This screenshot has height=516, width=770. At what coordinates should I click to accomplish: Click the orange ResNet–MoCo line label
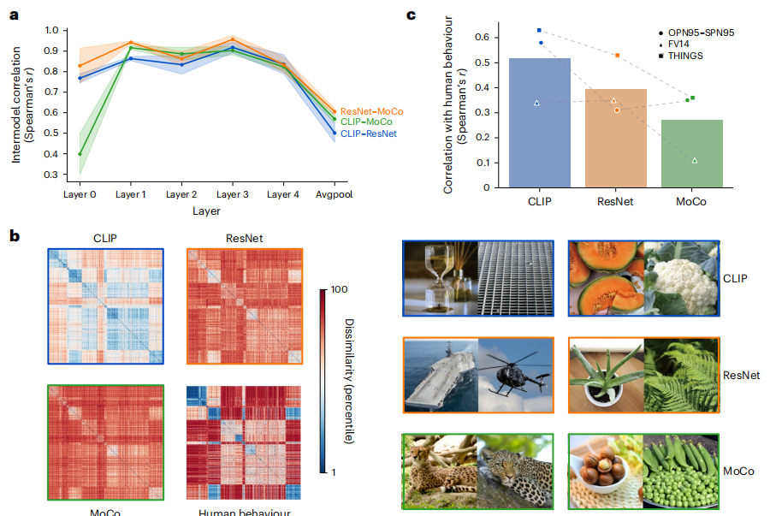tap(371, 111)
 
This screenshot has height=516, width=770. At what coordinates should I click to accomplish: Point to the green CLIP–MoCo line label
tap(368, 122)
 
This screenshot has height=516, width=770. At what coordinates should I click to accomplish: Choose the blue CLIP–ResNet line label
tap(369, 134)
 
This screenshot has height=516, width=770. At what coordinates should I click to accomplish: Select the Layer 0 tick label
tap(80, 194)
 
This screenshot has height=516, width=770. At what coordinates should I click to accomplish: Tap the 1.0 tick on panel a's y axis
tap(54, 30)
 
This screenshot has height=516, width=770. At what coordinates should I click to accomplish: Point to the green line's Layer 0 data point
tap(80, 154)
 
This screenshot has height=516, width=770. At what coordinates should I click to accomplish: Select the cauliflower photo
tap(679, 277)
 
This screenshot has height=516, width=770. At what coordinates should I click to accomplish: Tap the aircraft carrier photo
tap(441, 374)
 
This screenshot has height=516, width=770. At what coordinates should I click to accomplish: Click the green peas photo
tap(679, 471)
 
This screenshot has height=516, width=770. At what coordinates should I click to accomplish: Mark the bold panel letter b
tap(14, 234)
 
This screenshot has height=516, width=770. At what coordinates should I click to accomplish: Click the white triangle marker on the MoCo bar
tap(694, 160)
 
